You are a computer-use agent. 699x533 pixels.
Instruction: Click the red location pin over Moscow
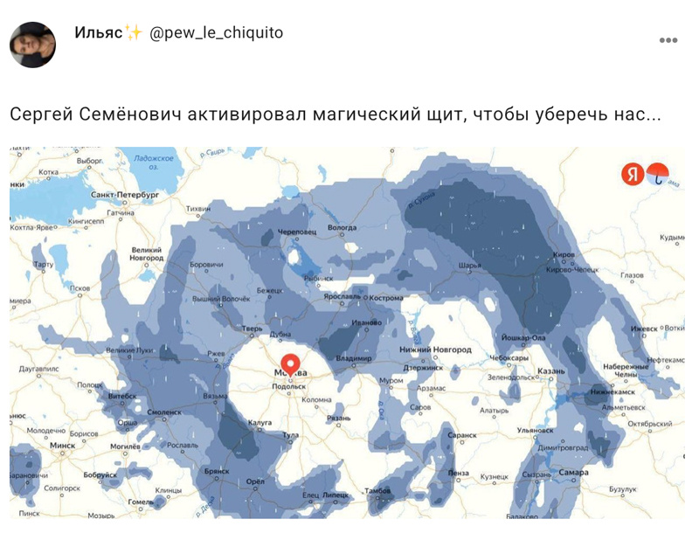tap(290, 363)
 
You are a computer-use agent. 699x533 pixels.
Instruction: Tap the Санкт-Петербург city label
tap(125, 194)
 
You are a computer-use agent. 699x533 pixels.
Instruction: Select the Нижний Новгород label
tap(434, 350)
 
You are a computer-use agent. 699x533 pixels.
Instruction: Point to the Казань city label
tap(551, 371)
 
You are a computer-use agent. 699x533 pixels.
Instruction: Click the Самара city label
tap(573, 473)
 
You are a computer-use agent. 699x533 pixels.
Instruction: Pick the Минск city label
tap(62, 445)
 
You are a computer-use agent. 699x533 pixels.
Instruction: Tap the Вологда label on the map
tap(342, 228)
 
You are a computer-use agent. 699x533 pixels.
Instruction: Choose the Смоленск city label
tap(164, 411)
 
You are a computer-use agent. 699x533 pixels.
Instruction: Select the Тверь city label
tap(253, 329)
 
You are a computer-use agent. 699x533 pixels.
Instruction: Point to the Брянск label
tap(217, 470)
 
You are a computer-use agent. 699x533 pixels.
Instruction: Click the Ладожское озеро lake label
tap(154, 163)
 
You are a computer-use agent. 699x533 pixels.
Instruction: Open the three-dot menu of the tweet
tap(668, 40)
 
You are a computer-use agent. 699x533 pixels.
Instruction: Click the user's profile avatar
tap(32, 43)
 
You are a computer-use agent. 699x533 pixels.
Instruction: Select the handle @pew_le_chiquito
tap(217, 33)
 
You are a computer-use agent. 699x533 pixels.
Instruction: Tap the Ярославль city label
tap(341, 296)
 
